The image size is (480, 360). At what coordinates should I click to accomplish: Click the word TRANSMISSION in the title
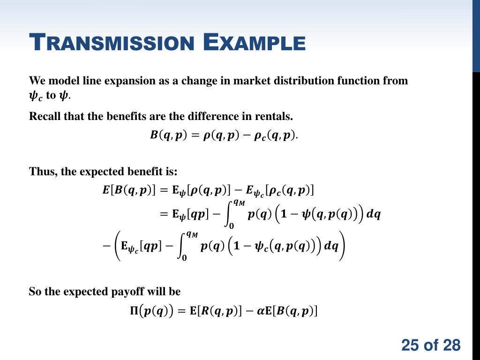tap(112, 42)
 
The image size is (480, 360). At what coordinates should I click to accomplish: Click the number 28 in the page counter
tap(452, 345)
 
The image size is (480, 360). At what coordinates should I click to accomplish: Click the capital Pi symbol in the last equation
tap(134, 310)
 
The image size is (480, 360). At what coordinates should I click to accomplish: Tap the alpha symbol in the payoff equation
tap(261, 310)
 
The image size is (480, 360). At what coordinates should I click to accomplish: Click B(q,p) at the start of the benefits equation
tap(168, 135)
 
